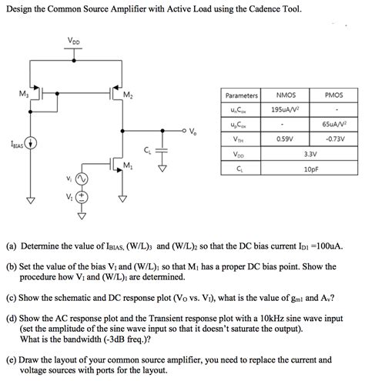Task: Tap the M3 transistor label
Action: pos(22,94)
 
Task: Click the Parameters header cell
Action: pos(241,95)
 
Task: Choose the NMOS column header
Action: pos(286,95)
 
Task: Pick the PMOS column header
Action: pos(334,95)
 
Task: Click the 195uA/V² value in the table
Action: pos(286,109)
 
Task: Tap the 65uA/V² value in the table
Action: pos(334,124)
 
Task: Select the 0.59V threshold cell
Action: pos(286,139)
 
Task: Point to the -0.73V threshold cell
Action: pos(334,139)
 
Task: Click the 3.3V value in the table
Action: pos(310,153)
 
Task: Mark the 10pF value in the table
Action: pos(310,168)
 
